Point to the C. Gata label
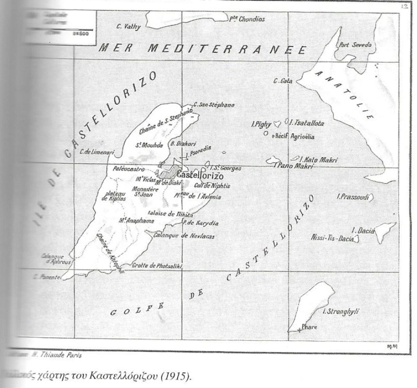coord(282,81)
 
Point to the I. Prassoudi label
coord(352,196)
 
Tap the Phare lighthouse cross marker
coord(299,330)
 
